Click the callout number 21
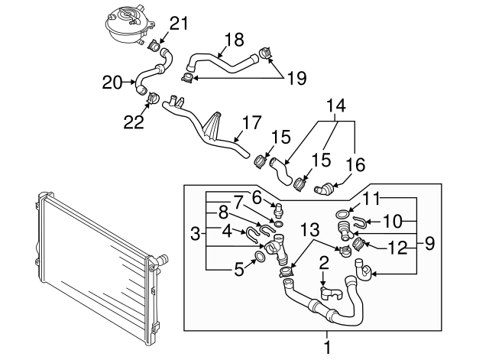177,24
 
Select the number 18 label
234,39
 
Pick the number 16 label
356,164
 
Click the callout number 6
257,196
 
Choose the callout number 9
429,245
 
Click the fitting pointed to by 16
330,186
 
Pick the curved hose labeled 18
225,63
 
